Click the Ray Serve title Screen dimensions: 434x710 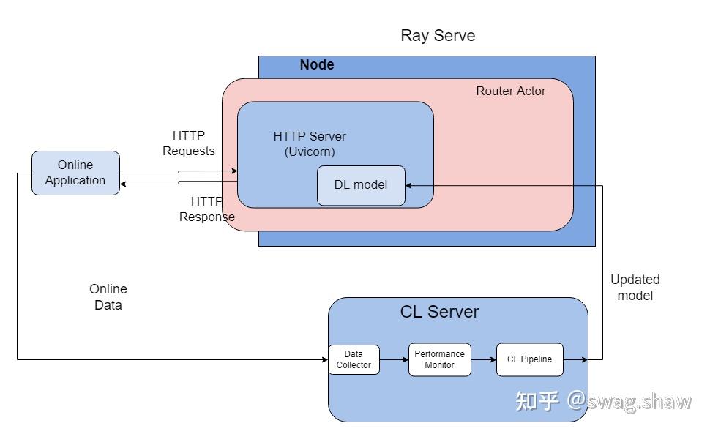[438, 35]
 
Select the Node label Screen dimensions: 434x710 [317, 65]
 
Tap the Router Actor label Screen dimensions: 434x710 [510, 91]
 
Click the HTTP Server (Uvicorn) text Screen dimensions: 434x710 [310, 144]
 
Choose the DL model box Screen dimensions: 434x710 [361, 185]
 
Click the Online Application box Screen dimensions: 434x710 [75, 173]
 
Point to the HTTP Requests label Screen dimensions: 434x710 [189, 143]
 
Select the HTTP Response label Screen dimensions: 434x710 [207, 209]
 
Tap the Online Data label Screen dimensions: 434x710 [108, 297]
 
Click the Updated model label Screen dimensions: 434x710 [635, 287]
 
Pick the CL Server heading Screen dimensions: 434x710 [439, 312]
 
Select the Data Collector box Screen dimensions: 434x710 [354, 359]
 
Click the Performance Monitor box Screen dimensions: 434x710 [439, 359]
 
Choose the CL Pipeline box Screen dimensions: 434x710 [529, 359]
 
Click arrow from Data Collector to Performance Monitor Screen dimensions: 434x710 [395, 359]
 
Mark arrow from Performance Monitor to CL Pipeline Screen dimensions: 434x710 [484, 359]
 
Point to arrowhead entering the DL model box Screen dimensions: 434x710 [410, 185]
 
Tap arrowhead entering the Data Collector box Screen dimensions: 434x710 [324, 359]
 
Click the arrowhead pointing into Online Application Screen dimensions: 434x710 [124, 184]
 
